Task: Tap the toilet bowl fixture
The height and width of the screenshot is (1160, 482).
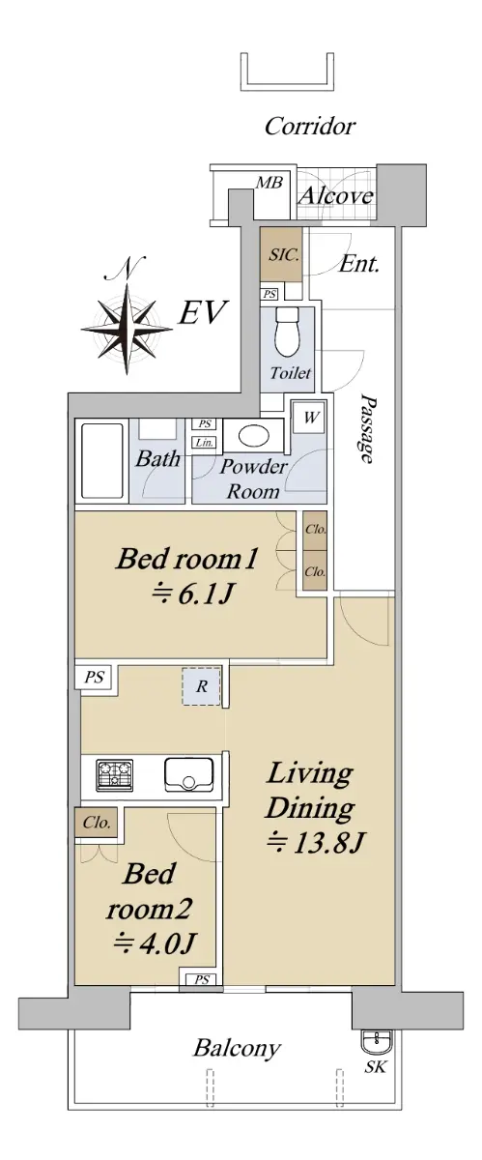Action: click(288, 332)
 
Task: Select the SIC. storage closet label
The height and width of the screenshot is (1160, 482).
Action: click(284, 255)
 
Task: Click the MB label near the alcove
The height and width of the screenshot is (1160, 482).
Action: click(269, 183)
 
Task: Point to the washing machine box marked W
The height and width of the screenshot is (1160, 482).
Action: click(310, 418)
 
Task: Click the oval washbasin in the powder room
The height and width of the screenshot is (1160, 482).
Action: click(254, 436)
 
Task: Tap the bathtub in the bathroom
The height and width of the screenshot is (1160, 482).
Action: click(102, 461)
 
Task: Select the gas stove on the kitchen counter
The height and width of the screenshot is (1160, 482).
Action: click(114, 775)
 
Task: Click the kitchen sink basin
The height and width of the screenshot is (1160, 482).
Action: click(189, 775)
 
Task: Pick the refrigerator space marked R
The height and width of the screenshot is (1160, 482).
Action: click(201, 686)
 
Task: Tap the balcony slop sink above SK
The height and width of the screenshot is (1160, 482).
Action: click(377, 1041)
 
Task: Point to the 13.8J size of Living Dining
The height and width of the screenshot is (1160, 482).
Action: click(316, 844)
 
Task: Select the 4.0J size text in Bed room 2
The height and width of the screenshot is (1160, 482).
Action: click(155, 943)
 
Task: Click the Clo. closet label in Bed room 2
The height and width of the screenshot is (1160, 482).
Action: click(97, 823)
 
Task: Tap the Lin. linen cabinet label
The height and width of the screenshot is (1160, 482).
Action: click(204, 443)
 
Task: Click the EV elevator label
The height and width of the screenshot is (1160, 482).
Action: click(202, 312)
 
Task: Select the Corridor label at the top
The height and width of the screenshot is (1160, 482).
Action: click(310, 126)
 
